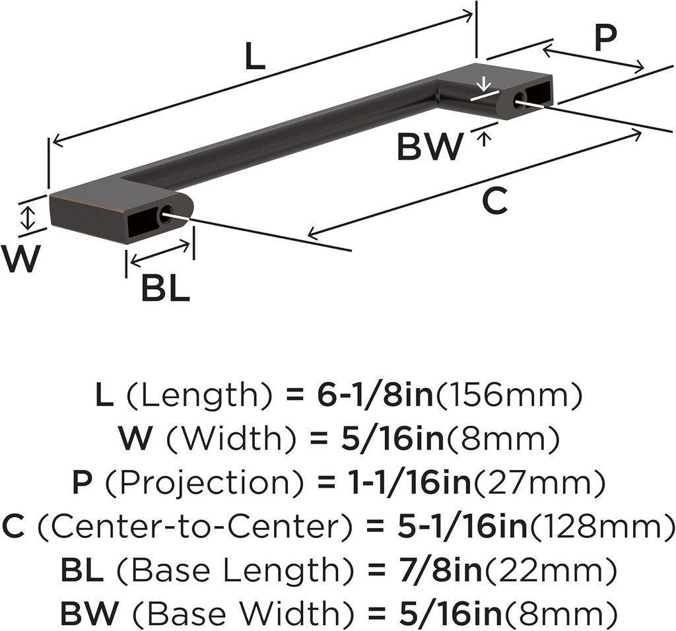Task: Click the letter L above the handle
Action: click(x=255, y=58)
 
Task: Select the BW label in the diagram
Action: click(x=430, y=147)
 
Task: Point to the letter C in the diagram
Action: click(x=494, y=201)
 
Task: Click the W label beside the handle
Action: click(x=20, y=259)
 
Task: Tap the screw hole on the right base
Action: click(x=519, y=100)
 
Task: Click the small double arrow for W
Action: click(x=27, y=218)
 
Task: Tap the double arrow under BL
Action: click(x=160, y=254)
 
